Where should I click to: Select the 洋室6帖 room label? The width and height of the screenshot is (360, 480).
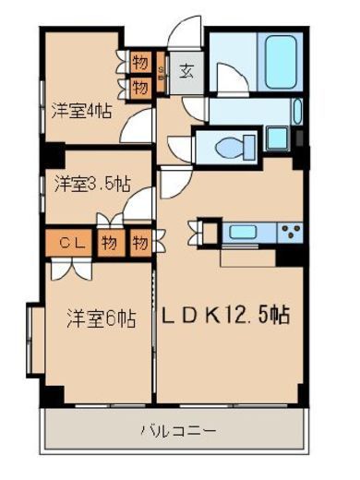click(x=101, y=319)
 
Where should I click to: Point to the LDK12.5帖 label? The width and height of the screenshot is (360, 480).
click(x=228, y=316)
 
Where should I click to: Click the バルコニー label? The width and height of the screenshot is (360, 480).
click(x=177, y=430)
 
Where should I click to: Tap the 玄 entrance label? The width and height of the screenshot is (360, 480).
click(x=186, y=70)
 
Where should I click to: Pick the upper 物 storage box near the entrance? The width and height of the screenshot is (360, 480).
click(x=140, y=64)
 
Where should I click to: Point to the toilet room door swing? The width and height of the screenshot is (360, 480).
click(x=178, y=146)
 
